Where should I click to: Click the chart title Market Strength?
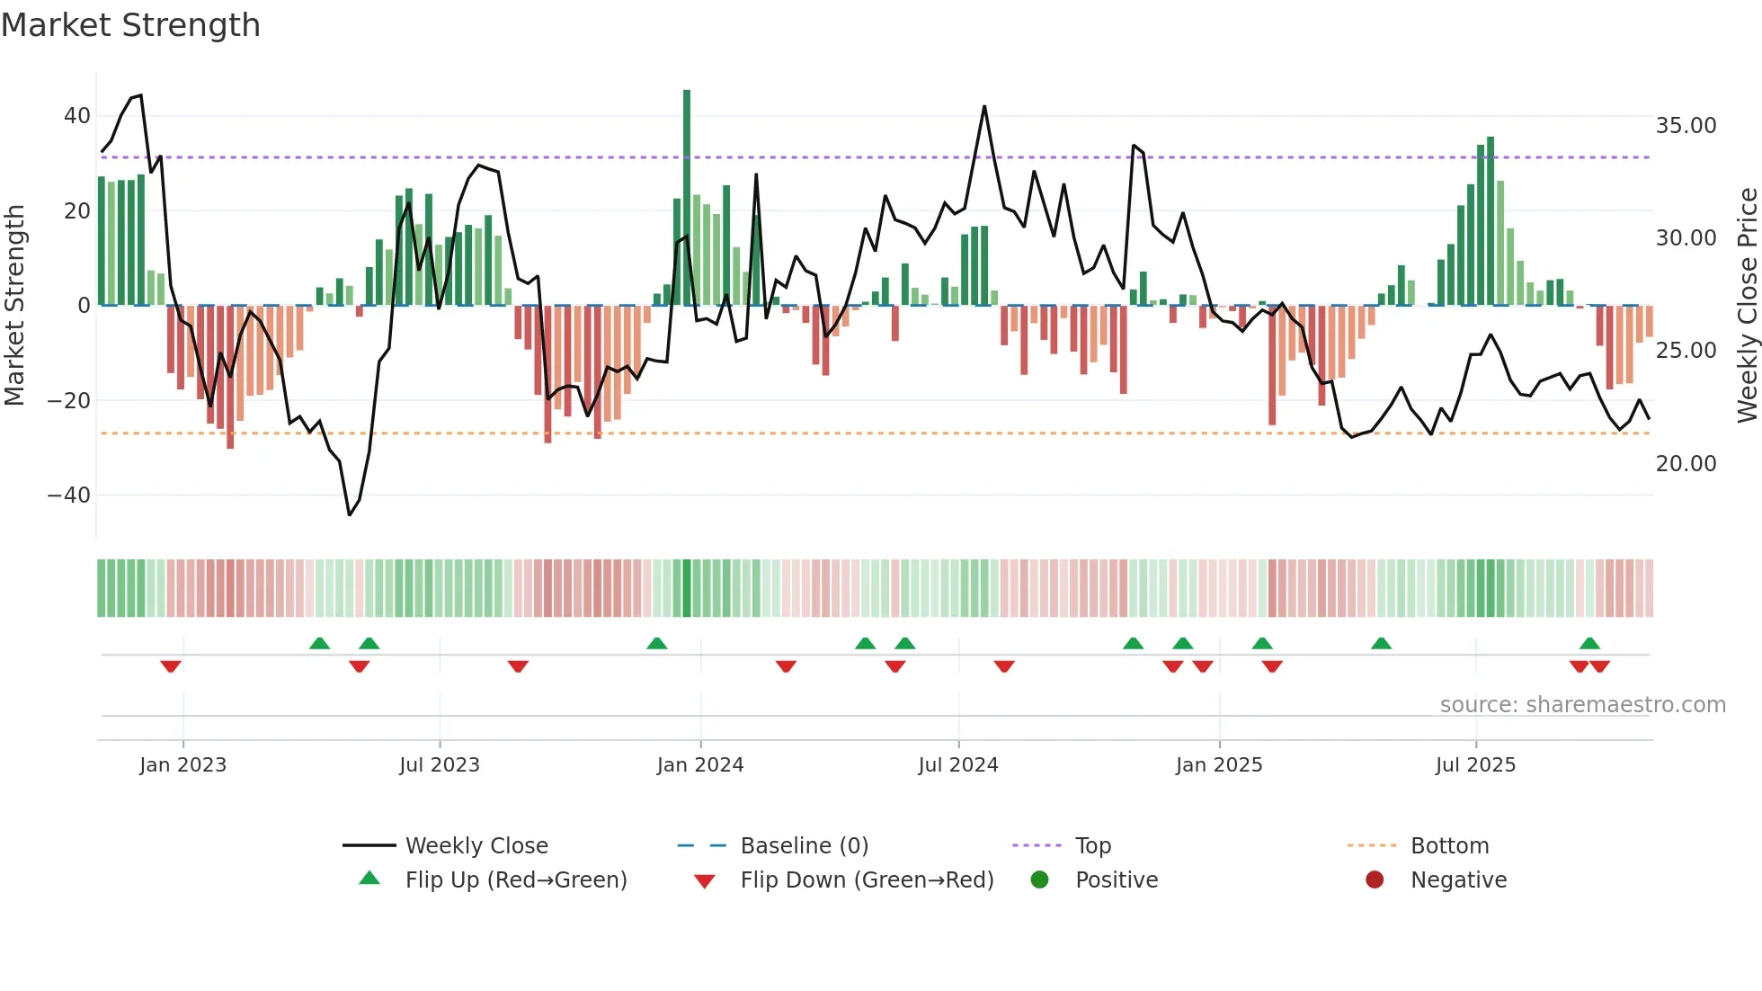pyautogui.click(x=130, y=25)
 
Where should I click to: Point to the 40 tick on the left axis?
pyautogui.click(x=76, y=116)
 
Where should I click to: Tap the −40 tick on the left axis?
pyautogui.click(x=69, y=495)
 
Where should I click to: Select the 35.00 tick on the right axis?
pyautogui.click(x=1686, y=126)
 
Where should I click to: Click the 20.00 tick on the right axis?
pyautogui.click(x=1686, y=464)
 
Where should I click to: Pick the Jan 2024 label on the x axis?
pyautogui.click(x=700, y=765)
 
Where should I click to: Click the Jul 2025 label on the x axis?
pyautogui.click(x=1475, y=765)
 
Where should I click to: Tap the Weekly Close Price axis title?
pyautogui.click(x=1747, y=306)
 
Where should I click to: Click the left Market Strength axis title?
pyautogui.click(x=14, y=306)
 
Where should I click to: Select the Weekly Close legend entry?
pyautogui.click(x=476, y=846)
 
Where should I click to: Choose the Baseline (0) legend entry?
pyautogui.click(x=804, y=846)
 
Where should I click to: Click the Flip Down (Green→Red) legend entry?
pyautogui.click(x=867, y=880)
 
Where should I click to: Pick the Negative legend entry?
pyautogui.click(x=1457, y=880)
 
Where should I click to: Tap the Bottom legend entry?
pyautogui.click(x=1449, y=846)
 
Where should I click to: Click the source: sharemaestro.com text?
pyautogui.click(x=1582, y=705)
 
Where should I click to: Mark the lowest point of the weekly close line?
pyautogui.click(x=350, y=514)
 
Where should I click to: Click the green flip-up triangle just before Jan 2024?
pyautogui.click(x=657, y=643)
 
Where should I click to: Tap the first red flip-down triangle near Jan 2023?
pyautogui.click(x=171, y=666)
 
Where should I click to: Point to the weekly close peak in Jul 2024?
pyautogui.click(x=984, y=107)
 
